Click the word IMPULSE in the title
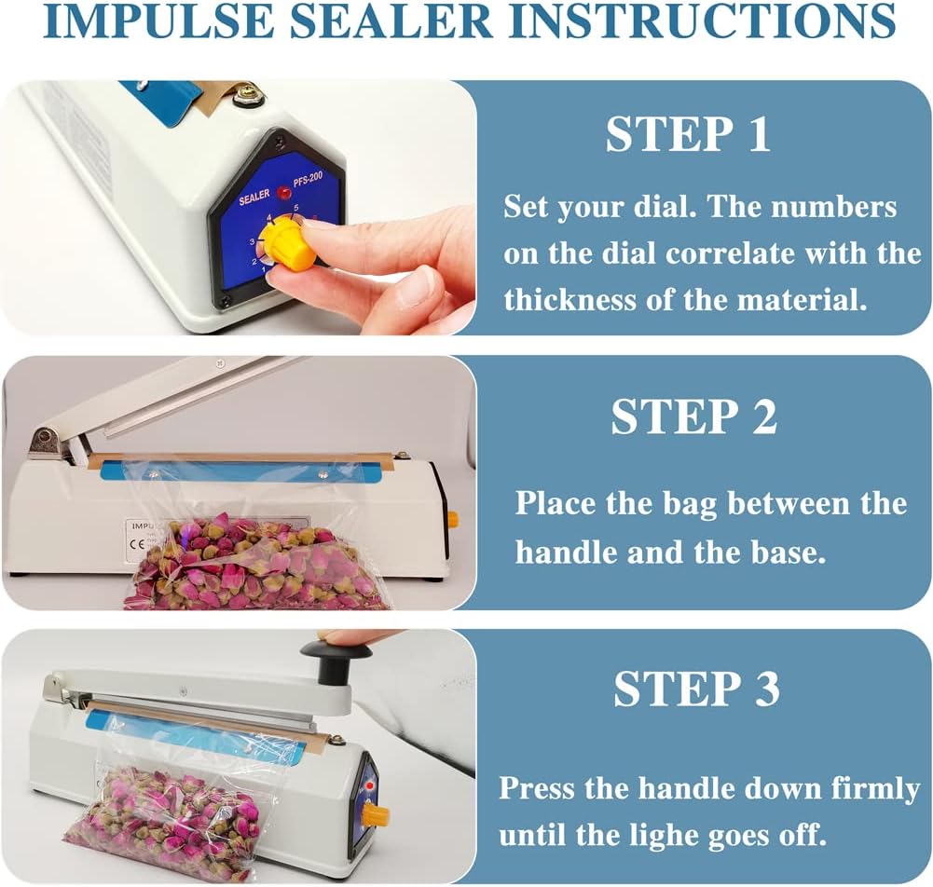[158, 20]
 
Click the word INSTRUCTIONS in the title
[702, 20]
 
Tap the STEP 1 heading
[688, 134]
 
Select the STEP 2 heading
[693, 416]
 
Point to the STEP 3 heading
[696, 689]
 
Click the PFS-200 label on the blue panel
[308, 179]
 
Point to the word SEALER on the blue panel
[254, 197]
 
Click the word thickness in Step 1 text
[570, 299]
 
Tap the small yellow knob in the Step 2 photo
[452, 519]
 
